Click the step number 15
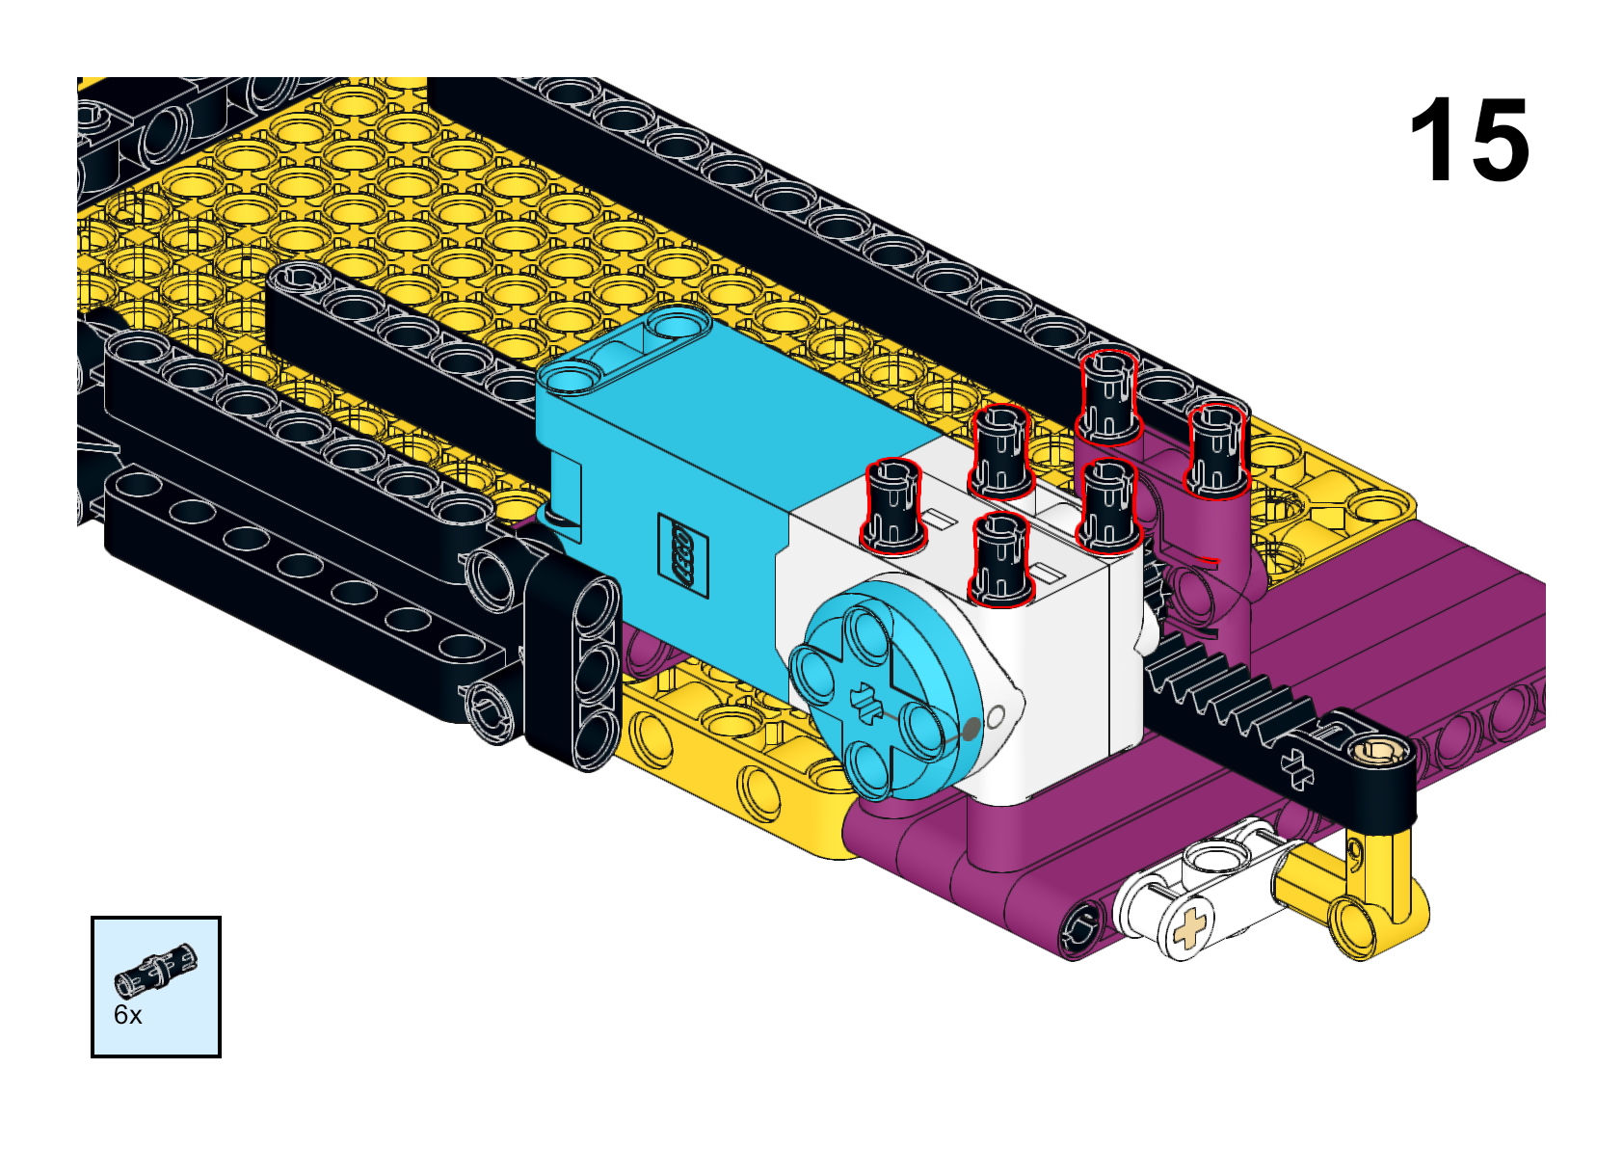click(1469, 139)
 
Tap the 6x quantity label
click(127, 1015)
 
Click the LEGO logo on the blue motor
click(682, 555)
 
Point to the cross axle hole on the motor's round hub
click(865, 700)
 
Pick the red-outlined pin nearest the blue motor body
click(894, 505)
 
